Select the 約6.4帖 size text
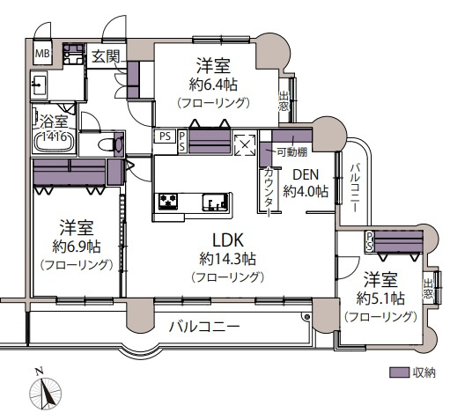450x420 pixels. click(213, 85)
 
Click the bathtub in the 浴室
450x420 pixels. click(55, 141)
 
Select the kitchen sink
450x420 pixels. click(215, 204)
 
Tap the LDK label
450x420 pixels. click(226, 239)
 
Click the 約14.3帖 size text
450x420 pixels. click(227, 259)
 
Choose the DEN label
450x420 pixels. click(305, 174)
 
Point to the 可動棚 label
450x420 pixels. click(291, 152)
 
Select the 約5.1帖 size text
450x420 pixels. click(380, 298)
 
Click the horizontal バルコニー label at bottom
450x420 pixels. click(204, 327)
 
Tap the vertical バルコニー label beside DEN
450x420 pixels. click(354, 185)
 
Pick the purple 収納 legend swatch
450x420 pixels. click(399, 372)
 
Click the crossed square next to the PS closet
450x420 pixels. click(244, 142)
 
